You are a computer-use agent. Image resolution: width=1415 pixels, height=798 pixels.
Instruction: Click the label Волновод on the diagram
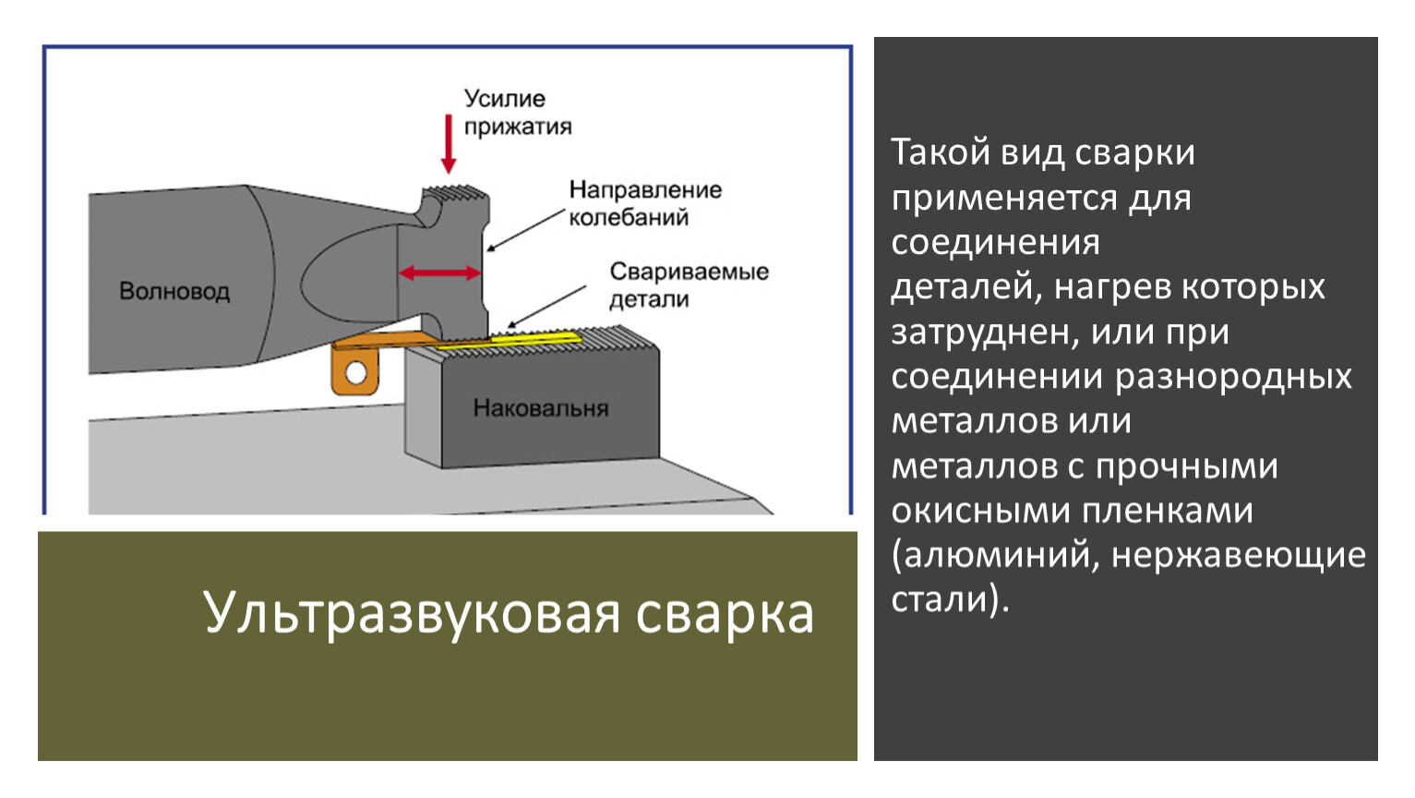[174, 291]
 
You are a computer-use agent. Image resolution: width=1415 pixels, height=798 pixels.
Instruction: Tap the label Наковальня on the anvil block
[541, 408]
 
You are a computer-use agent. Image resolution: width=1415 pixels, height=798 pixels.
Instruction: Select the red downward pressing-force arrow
[449, 144]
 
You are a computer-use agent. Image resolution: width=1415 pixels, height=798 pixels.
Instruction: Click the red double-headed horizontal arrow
[439, 273]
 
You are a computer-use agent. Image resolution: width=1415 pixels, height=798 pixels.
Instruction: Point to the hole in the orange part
[356, 372]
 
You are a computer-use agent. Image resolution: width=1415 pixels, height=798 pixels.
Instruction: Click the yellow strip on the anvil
[509, 340]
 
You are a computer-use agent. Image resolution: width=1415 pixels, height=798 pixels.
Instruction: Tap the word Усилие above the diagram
[505, 99]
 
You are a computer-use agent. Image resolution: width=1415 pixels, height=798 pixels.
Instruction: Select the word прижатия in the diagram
[518, 127]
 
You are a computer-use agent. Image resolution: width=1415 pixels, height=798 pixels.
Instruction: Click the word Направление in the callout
[645, 189]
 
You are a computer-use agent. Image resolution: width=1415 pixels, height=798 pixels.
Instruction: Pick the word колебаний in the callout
[629, 218]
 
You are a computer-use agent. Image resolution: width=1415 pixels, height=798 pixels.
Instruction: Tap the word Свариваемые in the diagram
[690, 272]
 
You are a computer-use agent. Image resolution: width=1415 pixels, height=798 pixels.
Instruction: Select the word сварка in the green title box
[725, 614]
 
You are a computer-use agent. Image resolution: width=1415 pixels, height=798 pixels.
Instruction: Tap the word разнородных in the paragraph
[1233, 378]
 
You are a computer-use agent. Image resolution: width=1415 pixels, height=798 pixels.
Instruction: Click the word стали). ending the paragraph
[951, 598]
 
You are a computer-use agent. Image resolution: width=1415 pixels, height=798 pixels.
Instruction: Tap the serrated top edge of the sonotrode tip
[456, 191]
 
